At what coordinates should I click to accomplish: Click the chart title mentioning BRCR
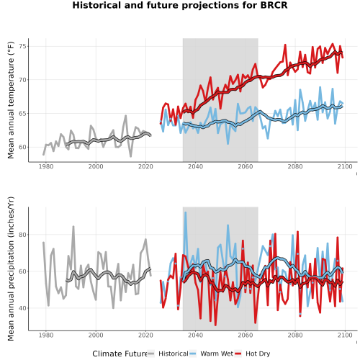coord(180,5)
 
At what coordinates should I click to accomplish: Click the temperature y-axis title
coord(11,100)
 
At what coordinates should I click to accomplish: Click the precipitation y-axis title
coord(11,269)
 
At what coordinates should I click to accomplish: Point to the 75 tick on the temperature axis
coord(22,46)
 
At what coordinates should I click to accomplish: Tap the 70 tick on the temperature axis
coord(22,80)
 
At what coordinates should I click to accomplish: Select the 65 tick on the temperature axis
coord(22,113)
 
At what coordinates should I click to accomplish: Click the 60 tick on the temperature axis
coord(22,147)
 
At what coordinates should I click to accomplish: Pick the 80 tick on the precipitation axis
coord(22,235)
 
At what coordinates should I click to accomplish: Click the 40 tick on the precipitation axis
coord(22,308)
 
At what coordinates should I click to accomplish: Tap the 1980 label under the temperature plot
coord(46,166)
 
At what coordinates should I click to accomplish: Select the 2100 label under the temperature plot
coord(345,166)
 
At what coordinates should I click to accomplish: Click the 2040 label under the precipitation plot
coord(195,335)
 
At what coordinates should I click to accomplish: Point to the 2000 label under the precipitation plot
coord(96,335)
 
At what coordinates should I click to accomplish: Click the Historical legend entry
coord(168,354)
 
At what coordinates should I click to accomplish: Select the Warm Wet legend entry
coord(211,354)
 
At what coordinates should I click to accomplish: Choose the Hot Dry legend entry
coord(252,354)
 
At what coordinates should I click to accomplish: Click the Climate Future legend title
coord(120,354)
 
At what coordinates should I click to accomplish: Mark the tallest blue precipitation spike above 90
coord(185,212)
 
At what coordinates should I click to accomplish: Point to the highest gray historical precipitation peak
coord(73,226)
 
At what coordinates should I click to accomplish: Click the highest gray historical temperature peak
coord(125,116)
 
